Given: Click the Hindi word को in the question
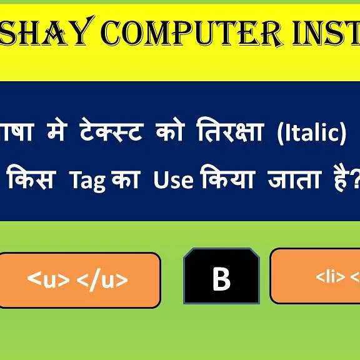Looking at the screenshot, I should (x=165, y=134).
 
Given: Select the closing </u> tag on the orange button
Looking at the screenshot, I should (x=102, y=280).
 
